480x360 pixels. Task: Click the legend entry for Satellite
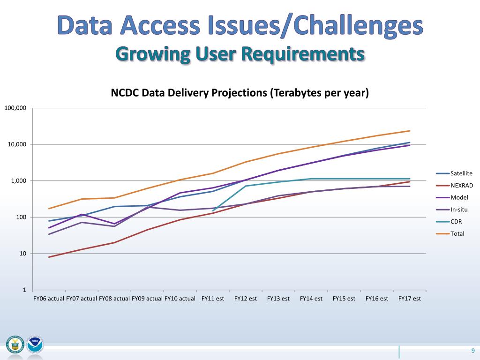[461, 173]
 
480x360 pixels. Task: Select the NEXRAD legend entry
[461, 185]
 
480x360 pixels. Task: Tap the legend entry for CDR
[456, 222]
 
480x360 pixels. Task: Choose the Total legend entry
[457, 233]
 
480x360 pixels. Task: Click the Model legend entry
[459, 197]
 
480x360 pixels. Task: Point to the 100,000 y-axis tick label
[15, 108]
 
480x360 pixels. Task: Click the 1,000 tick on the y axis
[19, 181]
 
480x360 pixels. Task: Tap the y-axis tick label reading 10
[22, 254]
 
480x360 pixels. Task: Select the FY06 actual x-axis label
[49, 298]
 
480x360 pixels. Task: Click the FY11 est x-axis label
[213, 298]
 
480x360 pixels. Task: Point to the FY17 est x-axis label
[410, 298]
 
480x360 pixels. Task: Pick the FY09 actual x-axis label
[147, 298]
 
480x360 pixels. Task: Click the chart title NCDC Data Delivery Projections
[240, 93]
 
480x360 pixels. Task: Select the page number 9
[473, 352]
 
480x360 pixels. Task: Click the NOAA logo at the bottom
[35, 345]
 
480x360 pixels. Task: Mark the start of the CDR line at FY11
[213, 211]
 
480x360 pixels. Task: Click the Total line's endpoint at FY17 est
[410, 131]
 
